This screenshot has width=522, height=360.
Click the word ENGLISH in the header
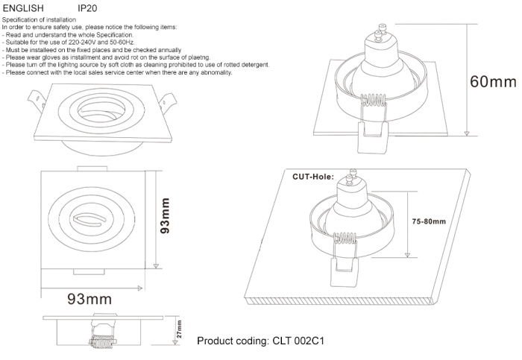[22, 7]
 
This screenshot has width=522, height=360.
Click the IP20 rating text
[87, 7]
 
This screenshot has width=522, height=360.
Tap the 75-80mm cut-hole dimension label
[429, 221]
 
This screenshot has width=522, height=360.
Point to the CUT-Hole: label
[312, 177]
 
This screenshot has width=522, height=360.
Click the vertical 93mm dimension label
[166, 215]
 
